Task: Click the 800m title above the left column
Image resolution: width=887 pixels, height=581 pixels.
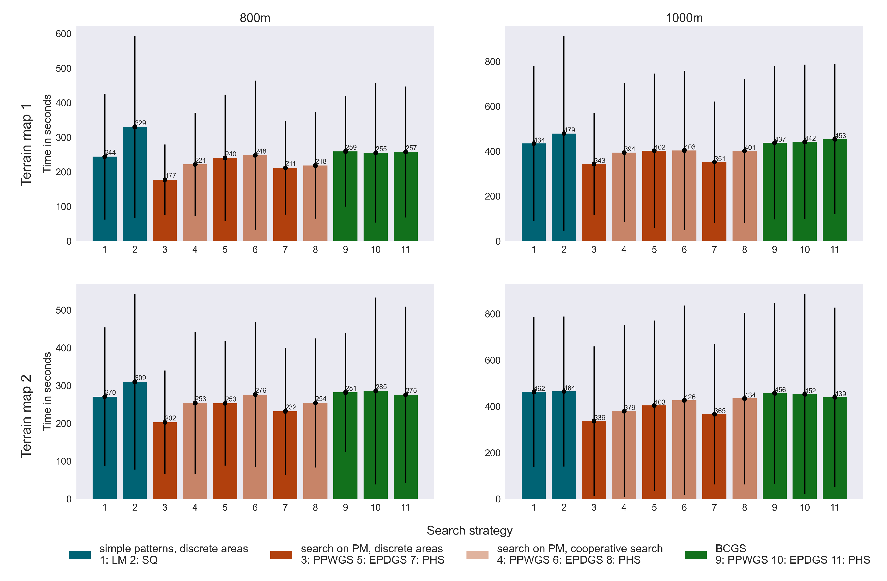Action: pos(255,18)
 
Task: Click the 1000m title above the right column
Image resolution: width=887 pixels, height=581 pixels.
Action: pos(684,18)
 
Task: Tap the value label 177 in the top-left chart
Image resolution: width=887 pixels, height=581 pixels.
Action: pos(171,175)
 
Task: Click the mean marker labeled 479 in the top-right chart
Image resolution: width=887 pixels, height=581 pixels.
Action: pos(564,134)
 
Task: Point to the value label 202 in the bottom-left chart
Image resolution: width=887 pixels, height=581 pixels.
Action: pos(171,418)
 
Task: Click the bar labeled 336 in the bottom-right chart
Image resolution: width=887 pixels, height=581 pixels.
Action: pos(594,461)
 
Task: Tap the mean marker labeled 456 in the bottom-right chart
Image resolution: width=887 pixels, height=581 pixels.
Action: pos(774,393)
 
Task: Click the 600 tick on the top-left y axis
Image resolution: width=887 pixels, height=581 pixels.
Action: pos(63,34)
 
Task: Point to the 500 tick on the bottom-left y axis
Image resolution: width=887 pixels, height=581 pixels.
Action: pos(63,311)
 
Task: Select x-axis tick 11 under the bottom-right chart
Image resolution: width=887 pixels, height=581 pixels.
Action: pos(835,508)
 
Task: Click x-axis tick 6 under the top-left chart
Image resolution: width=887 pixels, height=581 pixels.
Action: pos(255,250)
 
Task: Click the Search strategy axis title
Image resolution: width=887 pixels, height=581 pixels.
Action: pos(470,530)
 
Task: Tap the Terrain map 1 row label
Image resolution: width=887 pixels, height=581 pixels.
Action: pos(26,145)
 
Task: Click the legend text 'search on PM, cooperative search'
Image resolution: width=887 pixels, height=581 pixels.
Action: pos(580,549)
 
